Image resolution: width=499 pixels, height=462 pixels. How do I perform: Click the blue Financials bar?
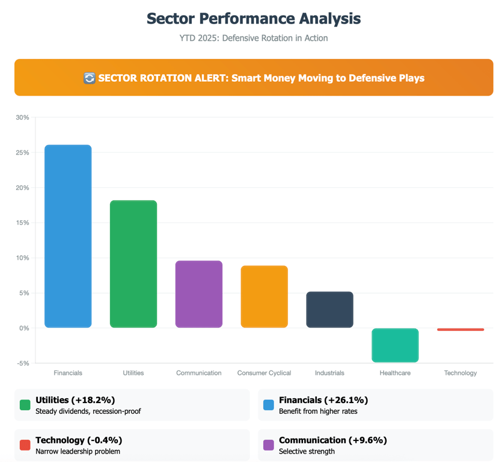68,236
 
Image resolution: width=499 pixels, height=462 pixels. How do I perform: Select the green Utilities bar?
133,263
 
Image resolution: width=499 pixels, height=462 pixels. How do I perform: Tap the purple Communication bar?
199,294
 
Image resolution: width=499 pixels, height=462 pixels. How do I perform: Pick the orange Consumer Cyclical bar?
265,297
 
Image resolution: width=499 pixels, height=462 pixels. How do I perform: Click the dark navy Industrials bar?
329,309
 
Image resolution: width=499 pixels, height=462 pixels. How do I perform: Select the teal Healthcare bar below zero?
395,345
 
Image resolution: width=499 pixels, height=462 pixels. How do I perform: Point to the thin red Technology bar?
461,329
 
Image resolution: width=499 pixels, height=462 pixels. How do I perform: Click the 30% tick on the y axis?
22,117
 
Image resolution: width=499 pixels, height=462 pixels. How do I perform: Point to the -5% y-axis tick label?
23,363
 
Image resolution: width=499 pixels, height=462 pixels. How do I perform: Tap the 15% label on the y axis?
22,223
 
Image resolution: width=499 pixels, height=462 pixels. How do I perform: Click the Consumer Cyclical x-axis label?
265,373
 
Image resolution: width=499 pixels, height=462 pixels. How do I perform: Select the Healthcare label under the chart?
395,373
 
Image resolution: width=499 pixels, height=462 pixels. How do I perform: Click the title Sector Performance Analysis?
254,19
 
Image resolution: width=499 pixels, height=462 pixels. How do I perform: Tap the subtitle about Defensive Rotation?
254,38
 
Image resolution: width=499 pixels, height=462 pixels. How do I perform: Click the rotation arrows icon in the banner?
89,78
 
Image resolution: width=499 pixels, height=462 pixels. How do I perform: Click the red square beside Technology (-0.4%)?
25,445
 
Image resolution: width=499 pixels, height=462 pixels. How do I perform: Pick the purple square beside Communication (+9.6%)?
269,445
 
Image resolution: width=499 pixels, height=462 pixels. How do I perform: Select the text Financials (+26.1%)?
323,400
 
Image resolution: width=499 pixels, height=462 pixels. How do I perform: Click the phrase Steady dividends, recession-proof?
88,411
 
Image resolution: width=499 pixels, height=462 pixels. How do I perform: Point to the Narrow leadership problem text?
78,451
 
